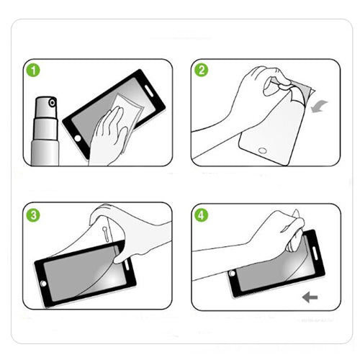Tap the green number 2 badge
[x=201, y=71]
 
